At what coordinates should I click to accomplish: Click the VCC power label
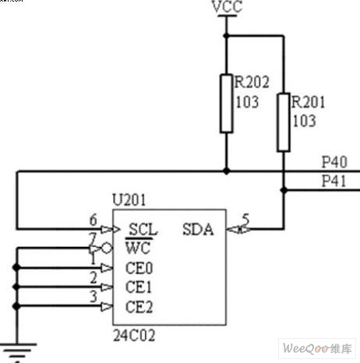tap(227, 6)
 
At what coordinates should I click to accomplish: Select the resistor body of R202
tap(226, 104)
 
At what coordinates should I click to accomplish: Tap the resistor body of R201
tap(284, 122)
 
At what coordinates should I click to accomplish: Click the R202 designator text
tap(252, 83)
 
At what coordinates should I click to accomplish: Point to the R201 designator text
tap(308, 102)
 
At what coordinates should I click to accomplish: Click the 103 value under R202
tap(247, 102)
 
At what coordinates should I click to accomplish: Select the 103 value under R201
tap(305, 121)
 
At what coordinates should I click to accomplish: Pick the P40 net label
tap(334, 162)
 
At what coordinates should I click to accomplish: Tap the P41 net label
tap(334, 181)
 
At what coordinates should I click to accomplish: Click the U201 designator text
tap(129, 200)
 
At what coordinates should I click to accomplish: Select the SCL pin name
tap(143, 230)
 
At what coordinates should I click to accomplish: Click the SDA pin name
tap(198, 230)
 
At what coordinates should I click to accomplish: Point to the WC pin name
tap(138, 248)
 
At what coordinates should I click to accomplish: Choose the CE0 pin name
tap(139, 268)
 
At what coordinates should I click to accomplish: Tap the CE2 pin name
tap(139, 307)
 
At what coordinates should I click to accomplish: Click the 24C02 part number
tap(134, 335)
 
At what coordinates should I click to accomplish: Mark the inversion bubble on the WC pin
tap(107, 248)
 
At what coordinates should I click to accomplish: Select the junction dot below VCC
tap(226, 36)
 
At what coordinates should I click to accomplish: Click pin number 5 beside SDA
tap(245, 219)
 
